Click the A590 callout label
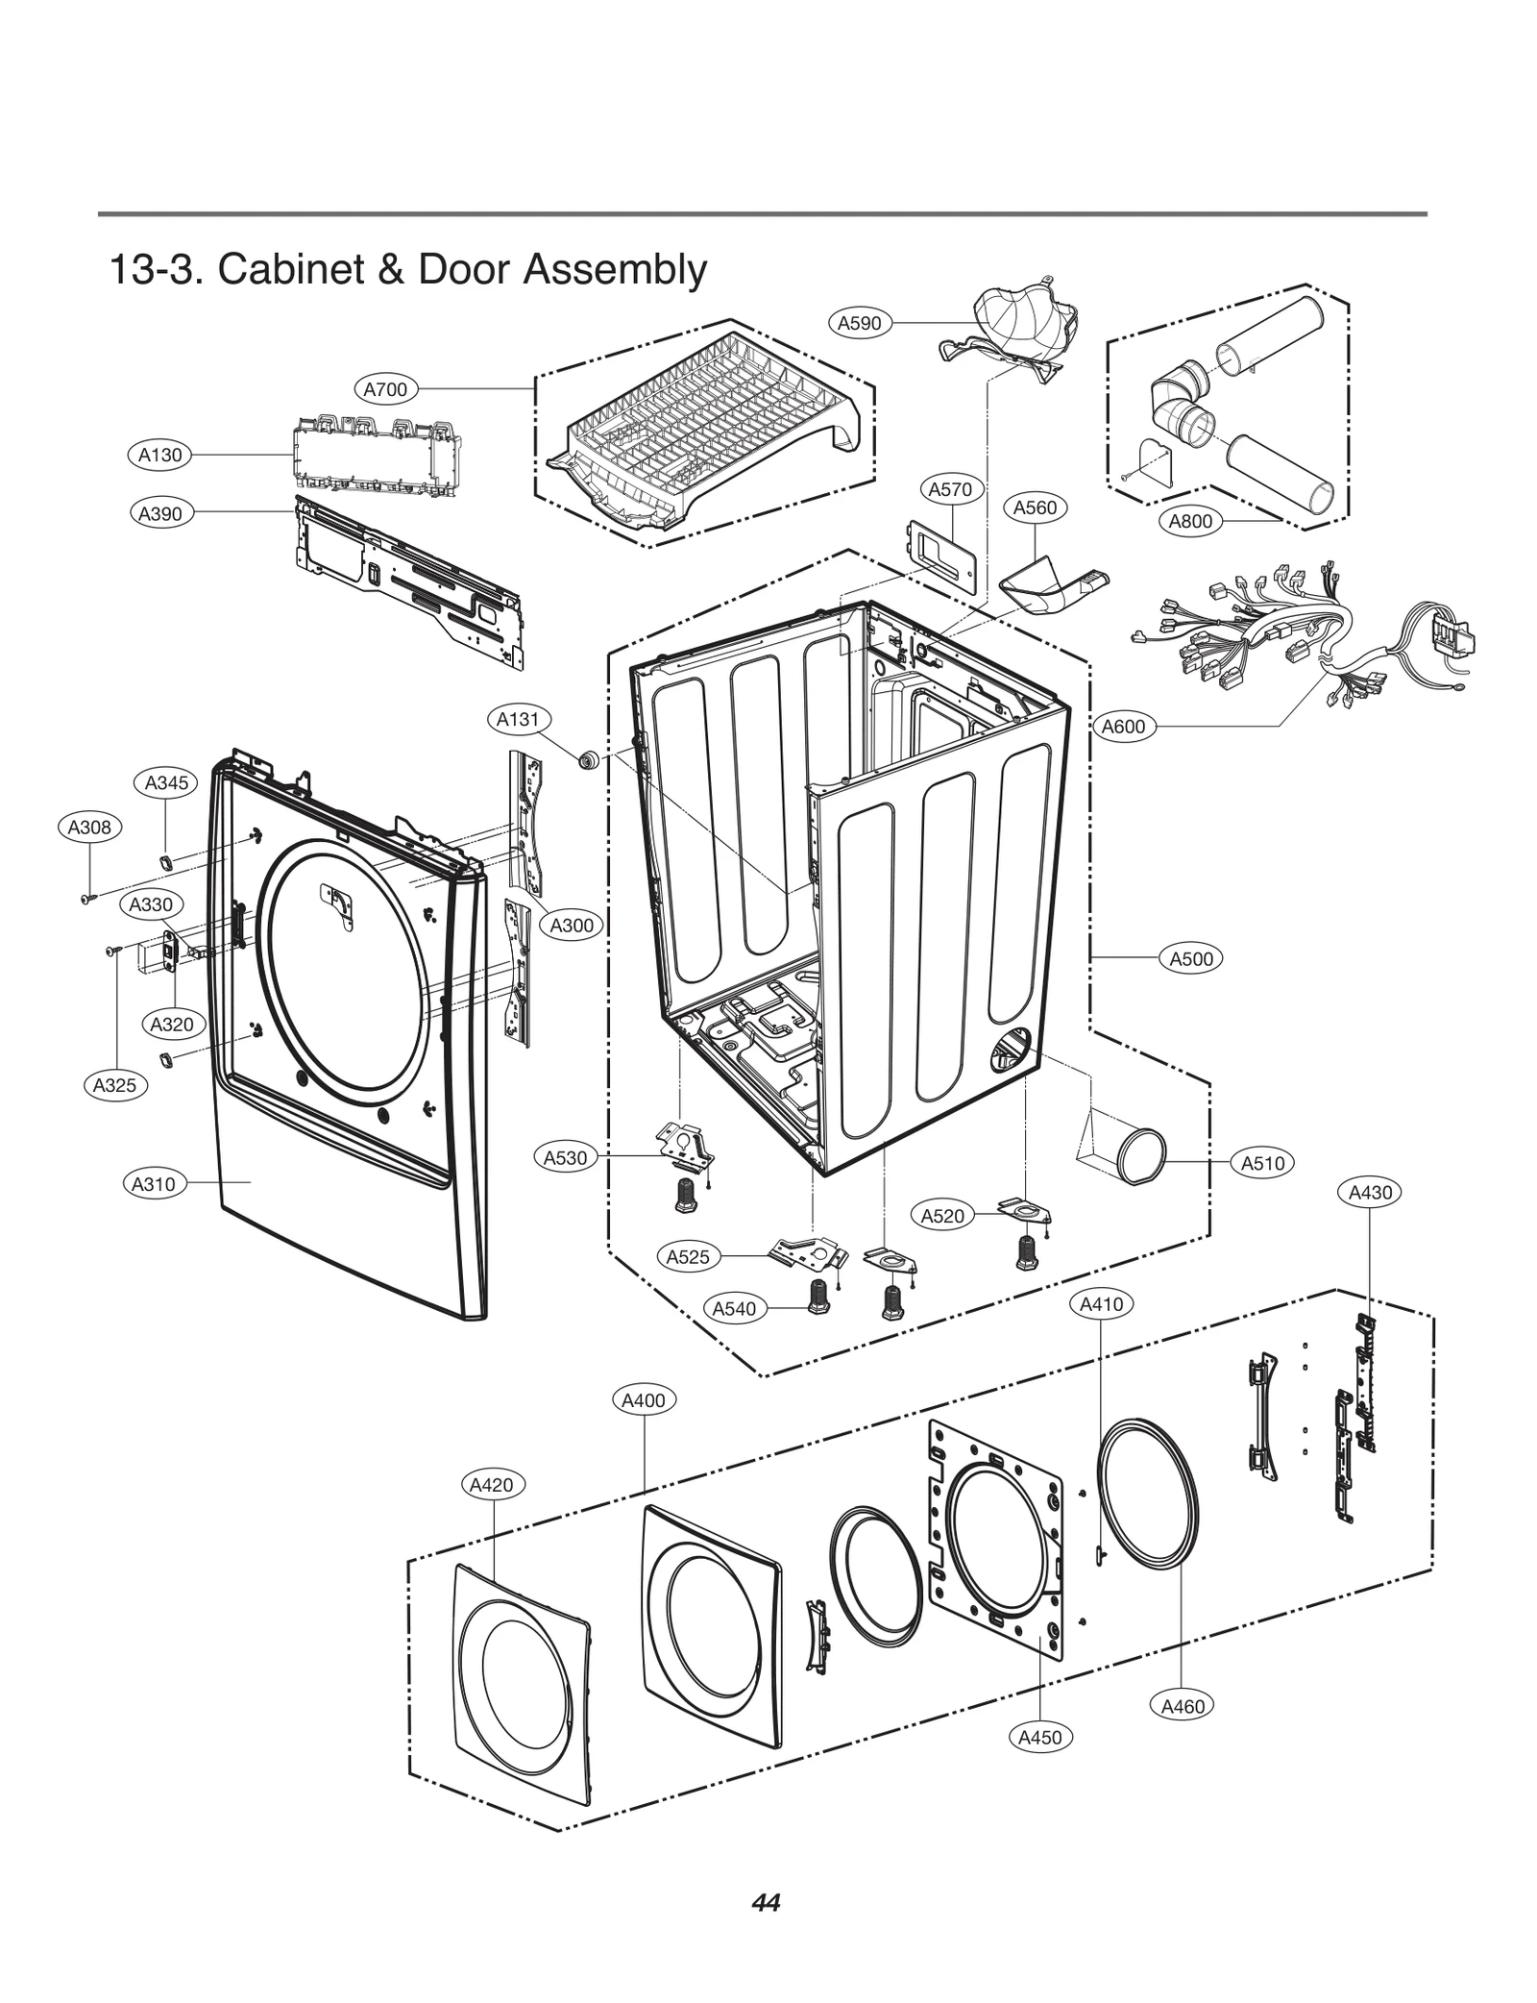click(859, 323)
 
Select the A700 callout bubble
click(385, 389)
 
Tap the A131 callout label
click(518, 719)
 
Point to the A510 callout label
click(1262, 1163)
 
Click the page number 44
click(766, 1902)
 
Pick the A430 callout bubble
click(1370, 1193)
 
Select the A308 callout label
click(89, 827)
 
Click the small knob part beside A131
click(588, 760)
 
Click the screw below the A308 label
click(88, 898)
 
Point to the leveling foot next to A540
click(818, 1297)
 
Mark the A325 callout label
click(114, 1085)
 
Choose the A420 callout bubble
click(491, 1484)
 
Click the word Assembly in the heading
click(615, 270)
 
